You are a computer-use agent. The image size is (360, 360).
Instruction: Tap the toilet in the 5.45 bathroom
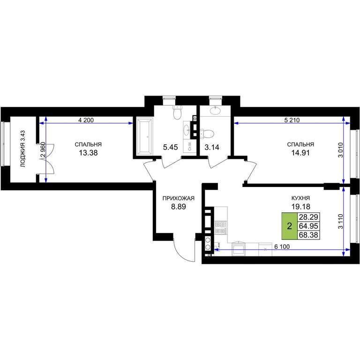coord(177,112)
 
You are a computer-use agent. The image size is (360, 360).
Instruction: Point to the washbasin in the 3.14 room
coord(215,111)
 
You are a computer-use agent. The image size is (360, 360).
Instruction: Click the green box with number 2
coord(290,226)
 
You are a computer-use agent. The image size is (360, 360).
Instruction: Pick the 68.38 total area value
coord(308,235)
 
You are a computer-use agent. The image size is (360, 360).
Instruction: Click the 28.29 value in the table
coord(308,217)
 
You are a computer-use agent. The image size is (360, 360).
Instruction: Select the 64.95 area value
coord(308,226)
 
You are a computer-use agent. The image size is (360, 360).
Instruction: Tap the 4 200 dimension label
coord(86,120)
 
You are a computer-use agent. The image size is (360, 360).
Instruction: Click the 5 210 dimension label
coord(292,120)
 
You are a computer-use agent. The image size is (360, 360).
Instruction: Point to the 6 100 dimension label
coord(282,247)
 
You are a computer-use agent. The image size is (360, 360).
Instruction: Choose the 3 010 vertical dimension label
coord(340,150)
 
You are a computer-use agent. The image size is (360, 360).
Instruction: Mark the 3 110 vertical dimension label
coord(340,221)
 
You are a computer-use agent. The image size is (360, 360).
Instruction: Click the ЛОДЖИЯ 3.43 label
coord(22,149)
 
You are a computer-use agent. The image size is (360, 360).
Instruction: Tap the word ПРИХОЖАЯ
coord(179,198)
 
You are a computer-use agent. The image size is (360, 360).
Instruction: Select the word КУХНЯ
coord(300,198)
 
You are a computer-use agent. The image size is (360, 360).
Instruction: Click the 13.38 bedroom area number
coord(89,153)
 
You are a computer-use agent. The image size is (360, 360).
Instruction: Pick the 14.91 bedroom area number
coord(300,153)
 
